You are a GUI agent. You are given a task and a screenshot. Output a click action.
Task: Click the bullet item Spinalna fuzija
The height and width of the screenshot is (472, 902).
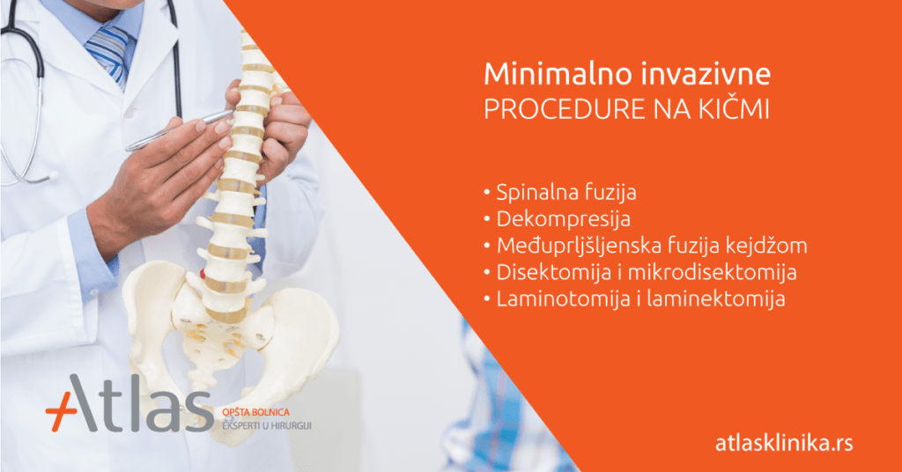coord(566,192)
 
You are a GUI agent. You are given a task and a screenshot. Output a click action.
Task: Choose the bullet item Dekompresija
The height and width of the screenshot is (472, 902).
coord(563,219)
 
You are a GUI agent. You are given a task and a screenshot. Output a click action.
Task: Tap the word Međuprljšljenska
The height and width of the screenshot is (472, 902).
coord(576,246)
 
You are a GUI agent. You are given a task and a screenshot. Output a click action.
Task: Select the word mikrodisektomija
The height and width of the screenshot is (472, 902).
coord(712,272)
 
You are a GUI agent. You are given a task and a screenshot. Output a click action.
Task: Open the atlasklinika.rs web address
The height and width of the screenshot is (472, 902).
coord(784,443)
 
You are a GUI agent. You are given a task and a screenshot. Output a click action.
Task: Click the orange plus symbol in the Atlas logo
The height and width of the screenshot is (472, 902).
coord(61,411)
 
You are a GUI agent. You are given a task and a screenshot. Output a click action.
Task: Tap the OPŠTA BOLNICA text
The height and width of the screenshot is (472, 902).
coord(256,412)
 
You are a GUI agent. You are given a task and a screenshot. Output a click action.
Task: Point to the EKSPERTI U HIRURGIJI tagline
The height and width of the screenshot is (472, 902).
coord(267,426)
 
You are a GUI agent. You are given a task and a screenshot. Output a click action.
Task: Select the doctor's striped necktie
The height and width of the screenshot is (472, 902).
coord(110,54)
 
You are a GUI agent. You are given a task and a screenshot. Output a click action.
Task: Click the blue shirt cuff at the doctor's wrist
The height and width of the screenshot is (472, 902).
coord(92,254)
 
